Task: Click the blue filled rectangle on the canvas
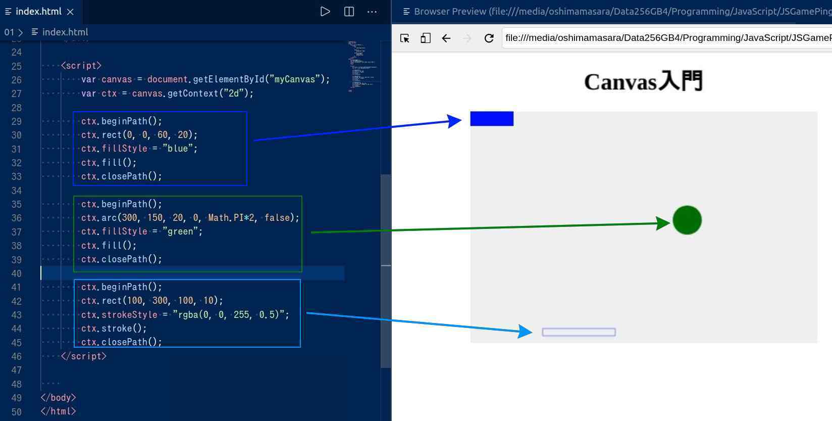tap(492, 119)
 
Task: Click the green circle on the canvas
tap(687, 220)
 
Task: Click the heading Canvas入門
tap(643, 81)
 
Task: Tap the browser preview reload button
tap(489, 38)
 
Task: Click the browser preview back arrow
tap(446, 38)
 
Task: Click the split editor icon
tap(349, 12)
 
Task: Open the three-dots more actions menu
tap(372, 12)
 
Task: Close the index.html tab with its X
tap(70, 12)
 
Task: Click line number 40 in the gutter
tap(16, 273)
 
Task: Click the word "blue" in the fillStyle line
tap(178, 149)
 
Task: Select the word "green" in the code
tap(180, 231)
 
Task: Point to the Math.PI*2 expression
tap(231, 217)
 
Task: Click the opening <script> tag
tap(81, 66)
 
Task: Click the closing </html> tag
tap(58, 411)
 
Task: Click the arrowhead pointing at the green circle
tap(663, 223)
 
